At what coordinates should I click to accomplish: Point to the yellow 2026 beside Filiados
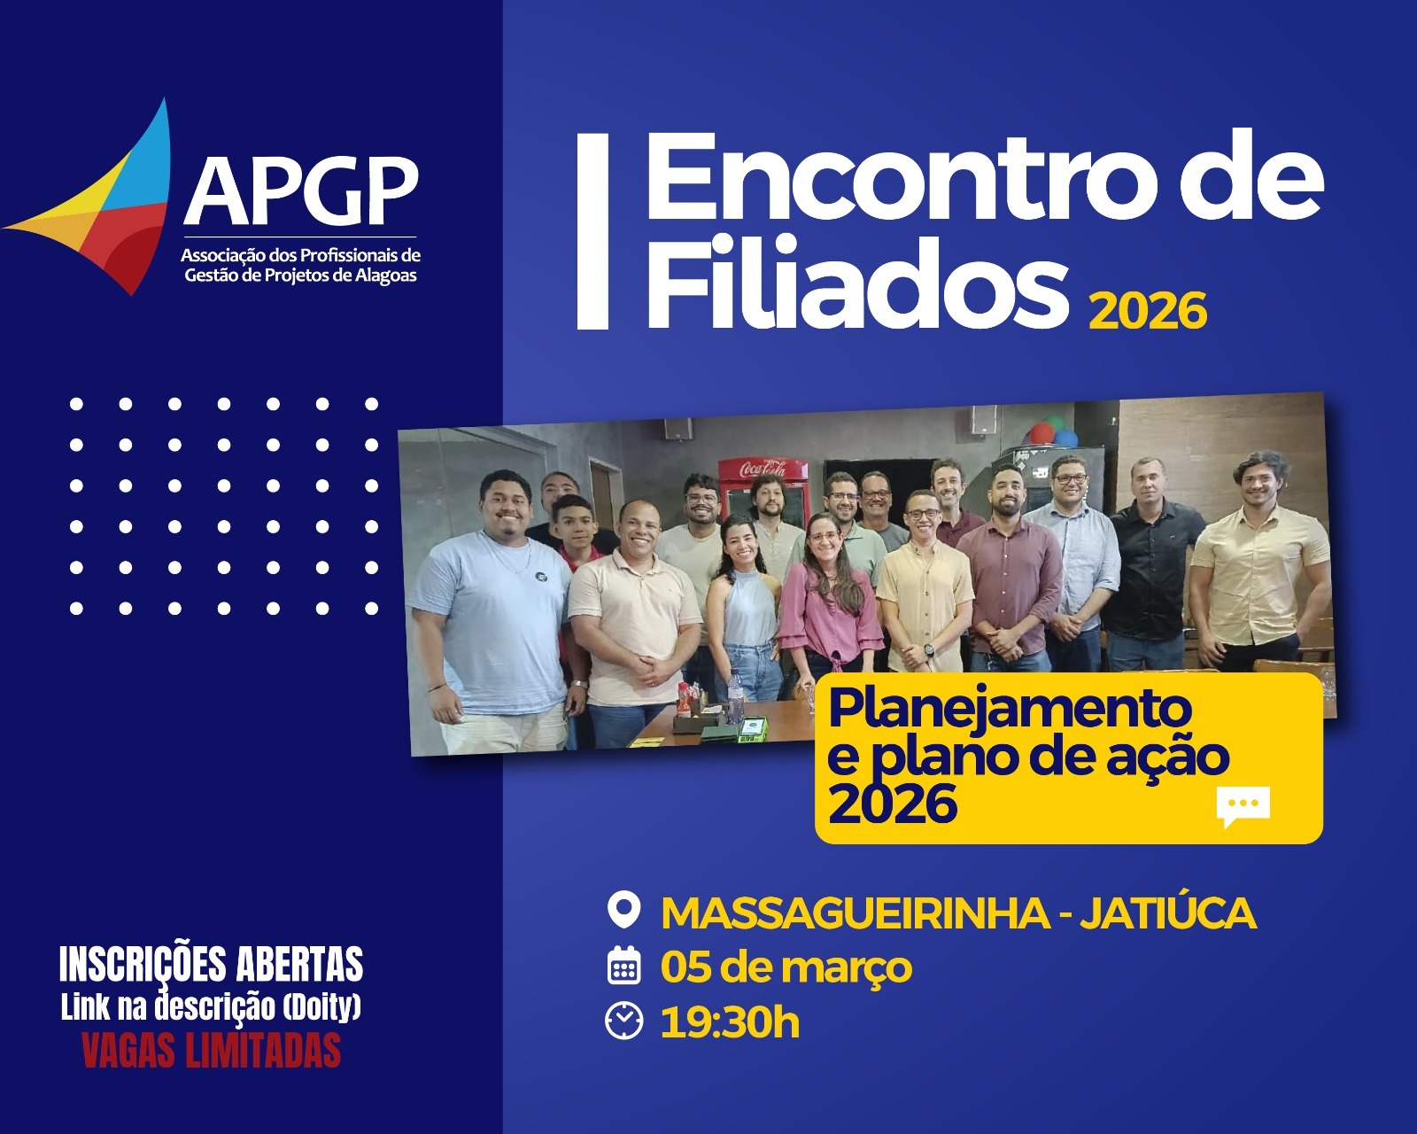(x=1148, y=310)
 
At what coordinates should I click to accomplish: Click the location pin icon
(x=624, y=911)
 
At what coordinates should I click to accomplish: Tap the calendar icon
(x=624, y=967)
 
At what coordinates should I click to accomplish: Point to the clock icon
(x=624, y=1021)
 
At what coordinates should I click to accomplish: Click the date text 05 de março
(x=786, y=967)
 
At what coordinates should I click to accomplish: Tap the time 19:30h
(x=730, y=1022)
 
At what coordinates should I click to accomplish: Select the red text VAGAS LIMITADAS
(x=211, y=1052)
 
